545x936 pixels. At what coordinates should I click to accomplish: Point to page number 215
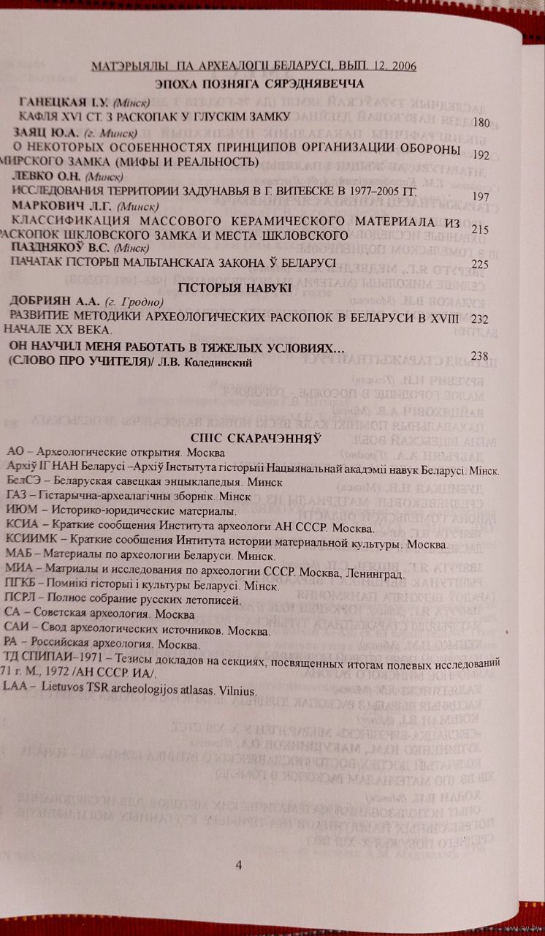coord(480,230)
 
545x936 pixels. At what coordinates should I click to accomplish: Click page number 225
coord(480,263)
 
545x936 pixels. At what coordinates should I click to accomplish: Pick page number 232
coord(480,319)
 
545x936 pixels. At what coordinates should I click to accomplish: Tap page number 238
coord(480,356)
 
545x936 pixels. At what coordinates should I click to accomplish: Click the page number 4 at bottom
coord(238,864)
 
